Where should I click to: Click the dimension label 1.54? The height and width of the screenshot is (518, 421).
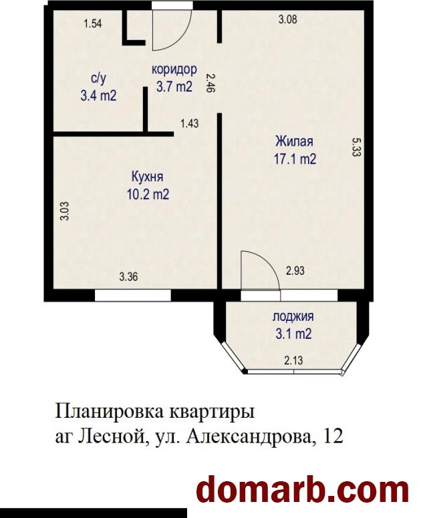(93, 24)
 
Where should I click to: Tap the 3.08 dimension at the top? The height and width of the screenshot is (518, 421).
(287, 19)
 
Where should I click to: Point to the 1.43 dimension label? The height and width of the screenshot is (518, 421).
(190, 124)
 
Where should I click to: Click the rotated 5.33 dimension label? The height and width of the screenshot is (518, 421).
(356, 147)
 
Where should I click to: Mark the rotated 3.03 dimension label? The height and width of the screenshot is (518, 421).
(65, 211)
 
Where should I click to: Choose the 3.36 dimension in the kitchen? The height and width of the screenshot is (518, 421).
(128, 277)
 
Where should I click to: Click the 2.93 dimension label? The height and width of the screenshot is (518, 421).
(295, 271)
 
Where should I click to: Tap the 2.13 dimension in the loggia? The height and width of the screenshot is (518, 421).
(293, 360)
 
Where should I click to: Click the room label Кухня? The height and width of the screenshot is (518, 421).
(147, 177)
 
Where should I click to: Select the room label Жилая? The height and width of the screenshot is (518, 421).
(295, 142)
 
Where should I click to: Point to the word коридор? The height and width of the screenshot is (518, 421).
(174, 70)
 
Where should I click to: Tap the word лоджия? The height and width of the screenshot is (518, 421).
(293, 317)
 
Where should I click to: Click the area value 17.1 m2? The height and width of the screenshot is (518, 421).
(295, 160)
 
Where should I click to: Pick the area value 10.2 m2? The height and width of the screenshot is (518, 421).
(148, 195)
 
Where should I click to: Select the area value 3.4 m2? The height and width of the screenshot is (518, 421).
(99, 96)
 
